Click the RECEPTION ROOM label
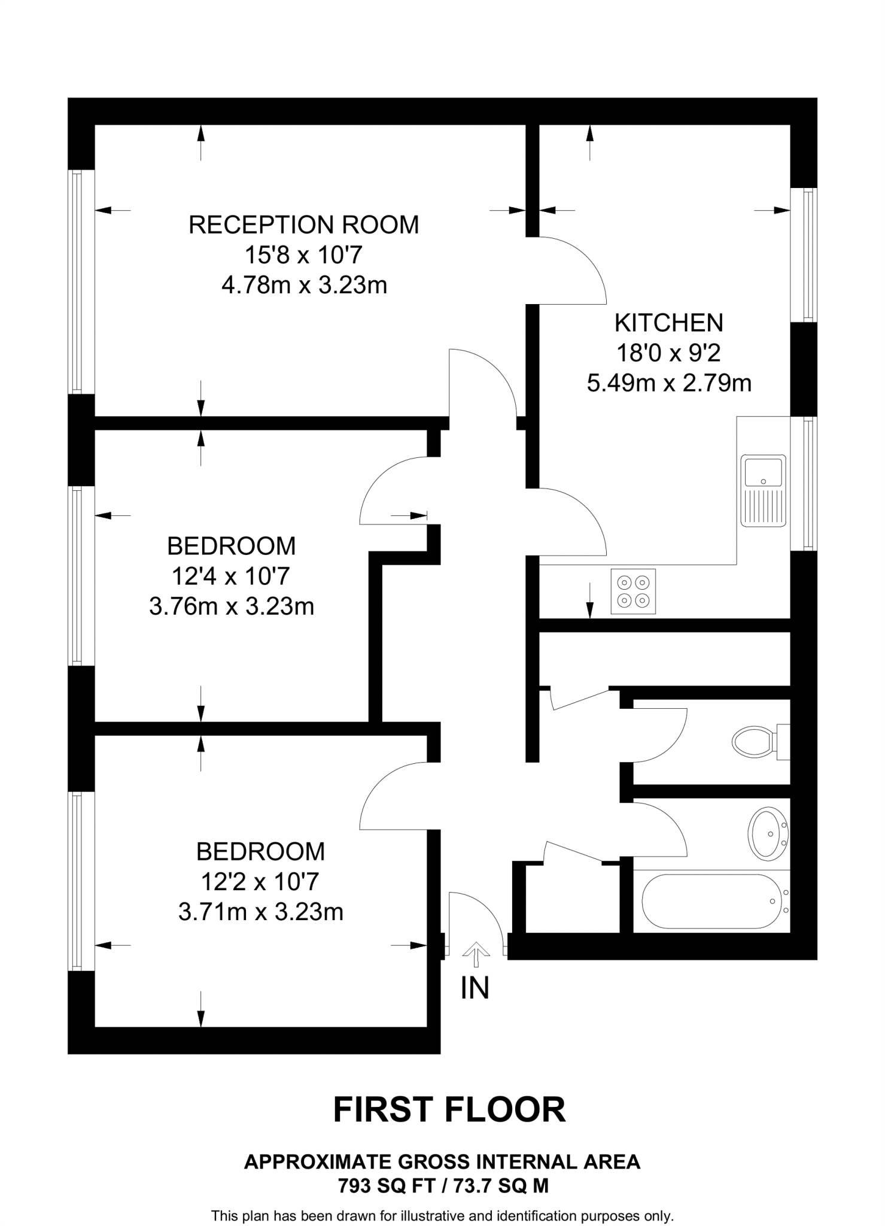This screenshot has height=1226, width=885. tap(303, 224)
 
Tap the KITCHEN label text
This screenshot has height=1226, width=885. tap(668, 323)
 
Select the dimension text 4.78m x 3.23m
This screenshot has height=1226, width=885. tap(304, 285)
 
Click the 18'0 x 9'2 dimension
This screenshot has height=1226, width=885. tap(668, 353)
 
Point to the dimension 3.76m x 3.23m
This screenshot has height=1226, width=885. tap(231, 606)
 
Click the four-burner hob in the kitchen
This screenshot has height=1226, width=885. tap(632, 591)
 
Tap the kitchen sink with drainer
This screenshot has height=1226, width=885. tap(763, 490)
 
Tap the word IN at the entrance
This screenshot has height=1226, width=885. tap(475, 988)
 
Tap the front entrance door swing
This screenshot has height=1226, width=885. tap(476, 916)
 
